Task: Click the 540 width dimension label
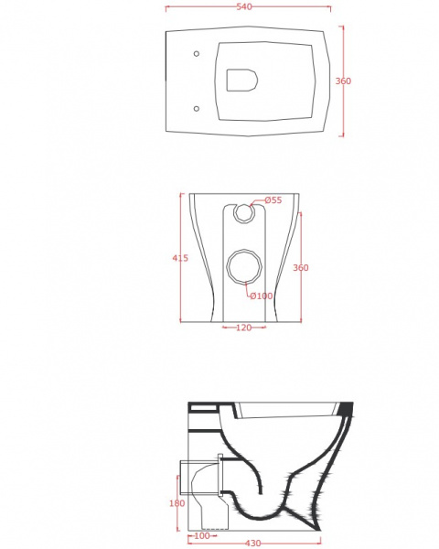point(244,6)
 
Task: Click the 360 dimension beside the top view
point(343,81)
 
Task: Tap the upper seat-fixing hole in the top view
point(197,54)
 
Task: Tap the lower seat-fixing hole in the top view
point(197,109)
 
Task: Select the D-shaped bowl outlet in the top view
point(242,81)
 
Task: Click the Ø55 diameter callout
point(273,200)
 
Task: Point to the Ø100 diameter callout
point(262,296)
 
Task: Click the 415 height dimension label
point(180,258)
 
